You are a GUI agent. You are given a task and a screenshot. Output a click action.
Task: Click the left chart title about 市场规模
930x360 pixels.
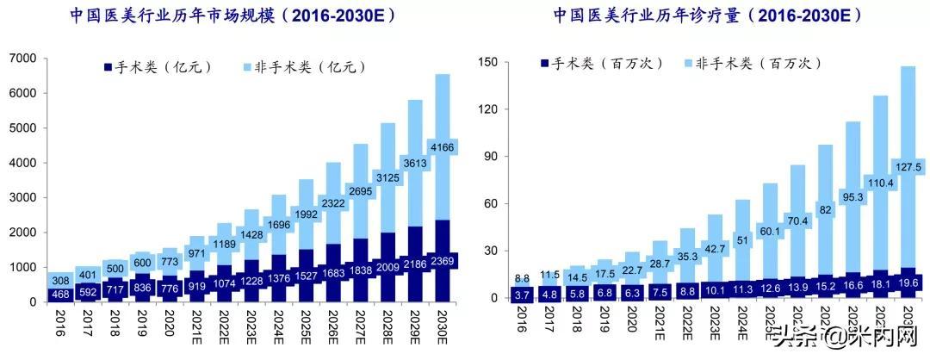[x=233, y=16]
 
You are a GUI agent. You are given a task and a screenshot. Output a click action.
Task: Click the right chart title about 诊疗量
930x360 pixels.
[x=701, y=16]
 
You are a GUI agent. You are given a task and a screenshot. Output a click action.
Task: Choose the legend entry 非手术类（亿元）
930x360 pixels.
[x=303, y=66]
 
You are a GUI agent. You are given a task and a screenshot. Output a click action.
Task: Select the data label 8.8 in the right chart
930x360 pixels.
[x=524, y=279]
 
